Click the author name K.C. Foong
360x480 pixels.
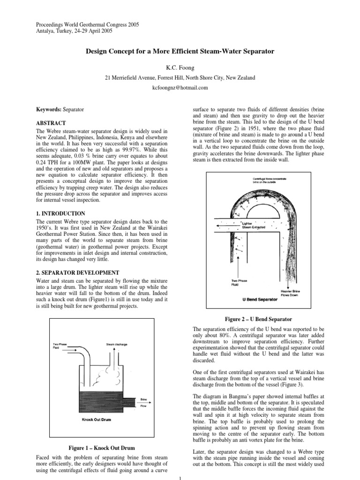180,68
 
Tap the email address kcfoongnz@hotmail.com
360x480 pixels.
180,88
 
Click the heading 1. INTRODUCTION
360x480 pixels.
61,213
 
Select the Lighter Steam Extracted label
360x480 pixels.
254,226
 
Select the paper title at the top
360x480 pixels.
180,51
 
